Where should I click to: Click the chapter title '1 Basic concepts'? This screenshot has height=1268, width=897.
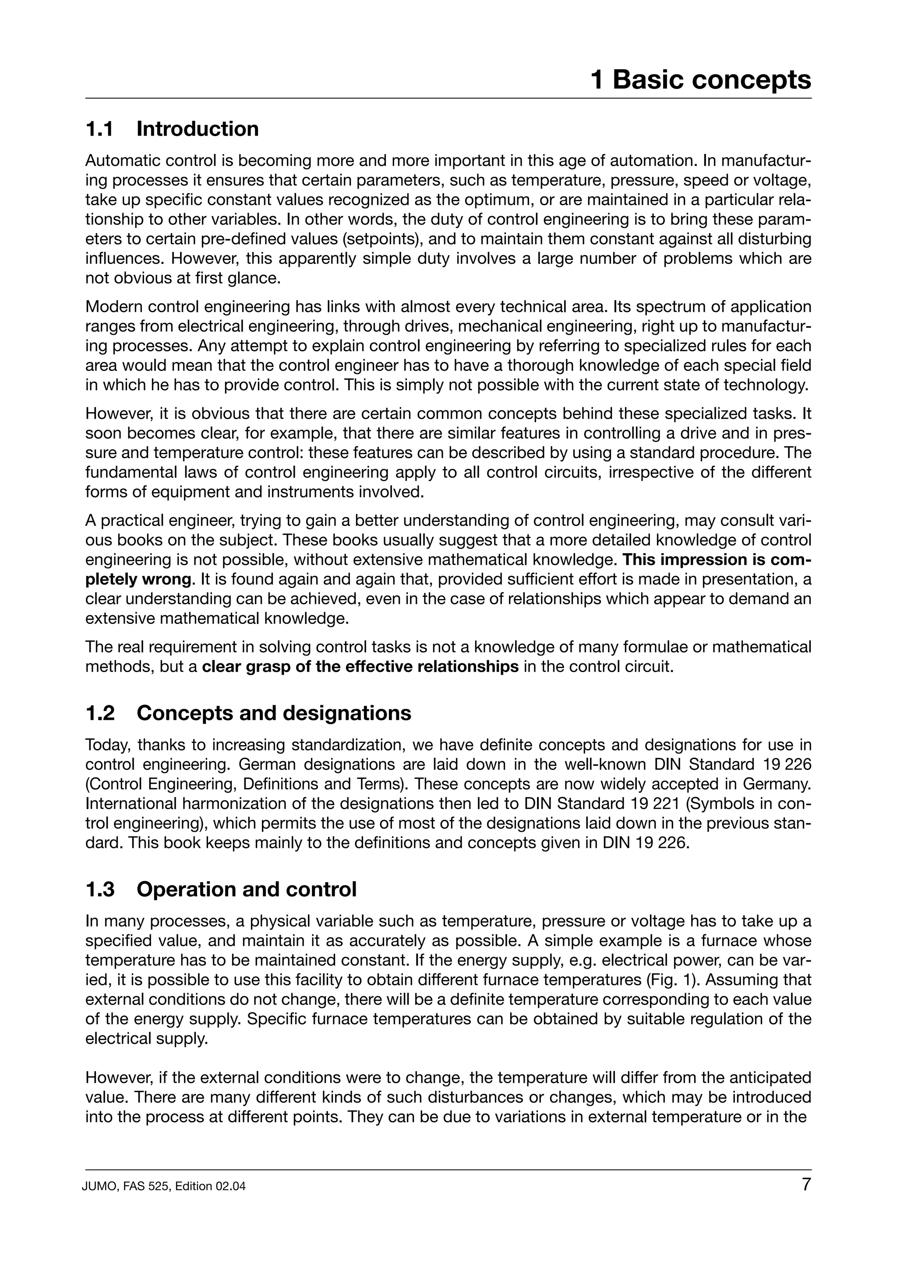coord(700,80)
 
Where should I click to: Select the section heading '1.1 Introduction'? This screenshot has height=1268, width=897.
coord(172,129)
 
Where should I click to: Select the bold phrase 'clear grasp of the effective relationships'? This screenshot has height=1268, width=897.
coord(360,667)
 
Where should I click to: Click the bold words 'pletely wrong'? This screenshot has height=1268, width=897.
coord(138,580)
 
